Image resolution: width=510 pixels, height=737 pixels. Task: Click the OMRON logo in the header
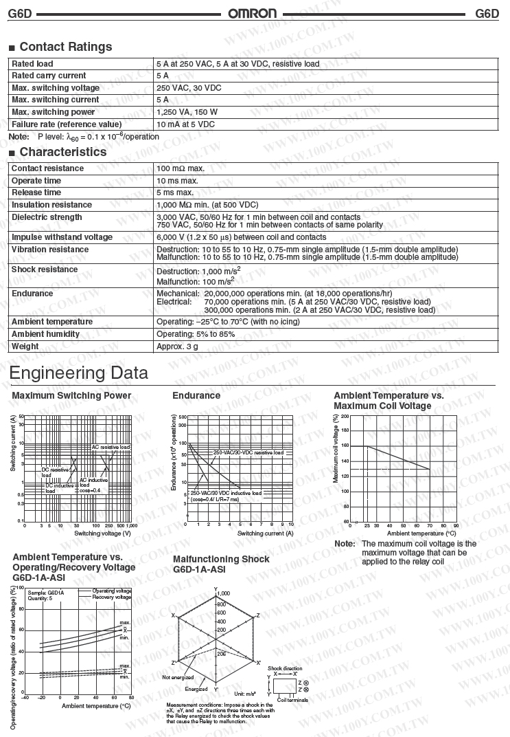(x=253, y=13)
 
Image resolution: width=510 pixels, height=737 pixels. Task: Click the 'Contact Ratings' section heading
(x=65, y=47)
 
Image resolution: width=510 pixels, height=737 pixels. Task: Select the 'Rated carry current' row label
(x=49, y=76)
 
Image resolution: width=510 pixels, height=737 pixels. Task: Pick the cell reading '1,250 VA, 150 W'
(x=187, y=112)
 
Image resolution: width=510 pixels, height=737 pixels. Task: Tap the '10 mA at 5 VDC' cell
(x=185, y=124)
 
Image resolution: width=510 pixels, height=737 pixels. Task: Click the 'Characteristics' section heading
(x=62, y=152)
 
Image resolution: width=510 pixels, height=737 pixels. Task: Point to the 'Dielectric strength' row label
(x=47, y=217)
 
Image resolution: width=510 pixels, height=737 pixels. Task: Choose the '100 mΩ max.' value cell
(x=181, y=168)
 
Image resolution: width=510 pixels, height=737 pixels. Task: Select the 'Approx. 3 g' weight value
(x=177, y=346)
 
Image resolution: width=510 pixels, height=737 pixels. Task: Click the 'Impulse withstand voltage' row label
(x=62, y=237)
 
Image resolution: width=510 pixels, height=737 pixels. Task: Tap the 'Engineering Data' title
(x=79, y=373)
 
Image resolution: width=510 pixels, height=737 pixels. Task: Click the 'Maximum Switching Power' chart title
(x=71, y=396)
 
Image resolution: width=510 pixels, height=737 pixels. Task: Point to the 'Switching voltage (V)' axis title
(x=102, y=533)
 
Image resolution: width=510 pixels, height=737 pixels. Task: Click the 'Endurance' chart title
(x=196, y=396)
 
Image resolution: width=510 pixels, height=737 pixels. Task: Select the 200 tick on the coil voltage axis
(x=345, y=416)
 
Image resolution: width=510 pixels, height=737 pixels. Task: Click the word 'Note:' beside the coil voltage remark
(x=345, y=544)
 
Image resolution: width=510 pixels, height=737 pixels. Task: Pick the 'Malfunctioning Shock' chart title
(x=221, y=559)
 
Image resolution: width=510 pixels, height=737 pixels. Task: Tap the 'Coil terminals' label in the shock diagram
(x=292, y=700)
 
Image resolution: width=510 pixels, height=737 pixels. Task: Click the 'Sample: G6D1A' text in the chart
(x=46, y=593)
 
